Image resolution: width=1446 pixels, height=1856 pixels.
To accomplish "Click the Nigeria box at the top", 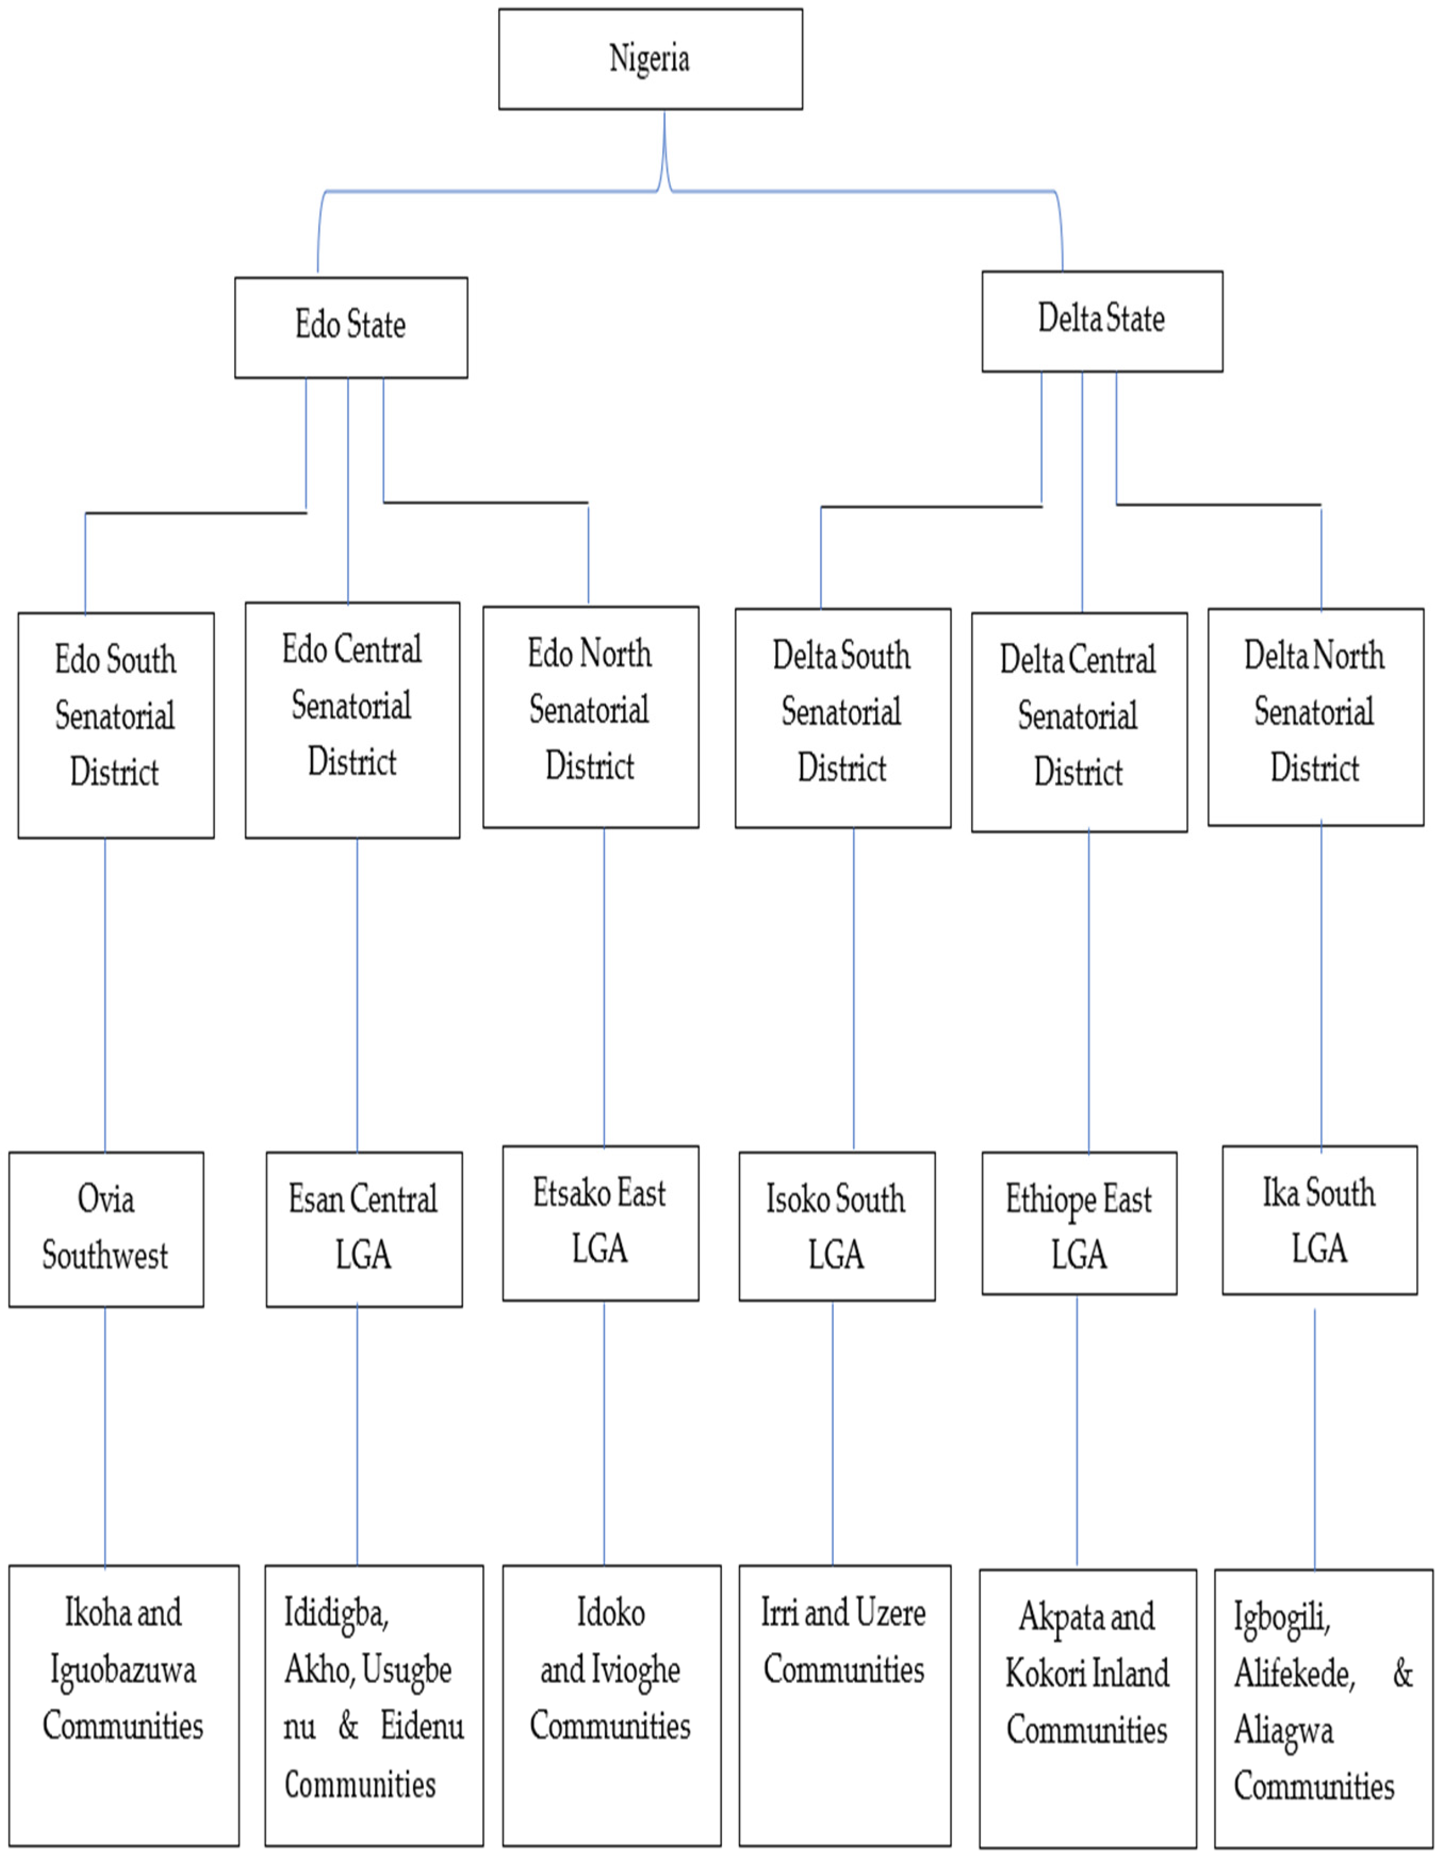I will coord(650,59).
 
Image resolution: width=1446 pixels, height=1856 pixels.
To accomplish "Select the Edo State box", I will coord(350,327).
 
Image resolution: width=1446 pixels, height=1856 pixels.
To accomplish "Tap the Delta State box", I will coord(1102,321).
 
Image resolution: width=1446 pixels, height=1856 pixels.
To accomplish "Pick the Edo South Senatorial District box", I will coord(116,725).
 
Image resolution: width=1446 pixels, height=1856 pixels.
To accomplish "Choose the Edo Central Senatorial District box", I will coord(352,720).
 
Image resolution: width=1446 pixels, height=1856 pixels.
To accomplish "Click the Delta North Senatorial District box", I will coord(1315,716).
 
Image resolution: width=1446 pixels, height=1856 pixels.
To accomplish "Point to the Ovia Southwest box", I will coord(106,1229).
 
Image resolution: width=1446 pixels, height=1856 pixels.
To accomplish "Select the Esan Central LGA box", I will coord(364,1229).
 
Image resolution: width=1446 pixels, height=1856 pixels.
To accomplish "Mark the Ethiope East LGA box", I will coord(1079,1224).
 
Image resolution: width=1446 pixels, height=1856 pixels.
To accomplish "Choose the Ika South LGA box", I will coord(1319,1220).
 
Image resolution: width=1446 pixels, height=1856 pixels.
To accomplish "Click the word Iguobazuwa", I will coord(124,1670).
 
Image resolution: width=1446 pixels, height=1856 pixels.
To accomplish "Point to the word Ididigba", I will coord(336,1613).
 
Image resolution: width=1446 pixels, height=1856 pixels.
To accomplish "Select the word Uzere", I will coord(889,1613).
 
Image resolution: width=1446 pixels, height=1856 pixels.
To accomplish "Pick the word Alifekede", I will coord(1294,1673).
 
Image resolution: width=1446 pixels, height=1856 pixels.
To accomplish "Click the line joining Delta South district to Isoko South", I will coord(853,990).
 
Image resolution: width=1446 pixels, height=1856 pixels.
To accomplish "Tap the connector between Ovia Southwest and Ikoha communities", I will coord(105,1436).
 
